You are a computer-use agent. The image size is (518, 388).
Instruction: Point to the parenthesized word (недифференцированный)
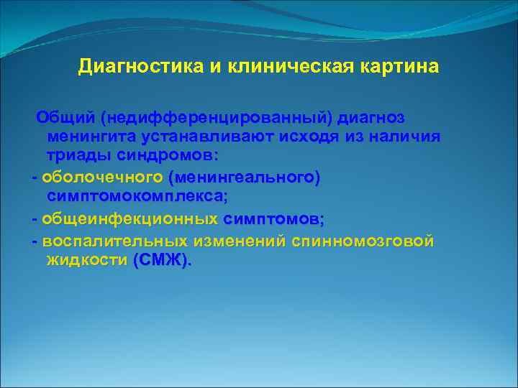coord(215,117)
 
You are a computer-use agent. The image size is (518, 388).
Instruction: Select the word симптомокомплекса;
coord(137,196)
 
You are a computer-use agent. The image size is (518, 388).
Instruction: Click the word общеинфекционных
coord(130,218)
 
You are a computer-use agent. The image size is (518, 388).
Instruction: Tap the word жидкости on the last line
coord(87,260)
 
